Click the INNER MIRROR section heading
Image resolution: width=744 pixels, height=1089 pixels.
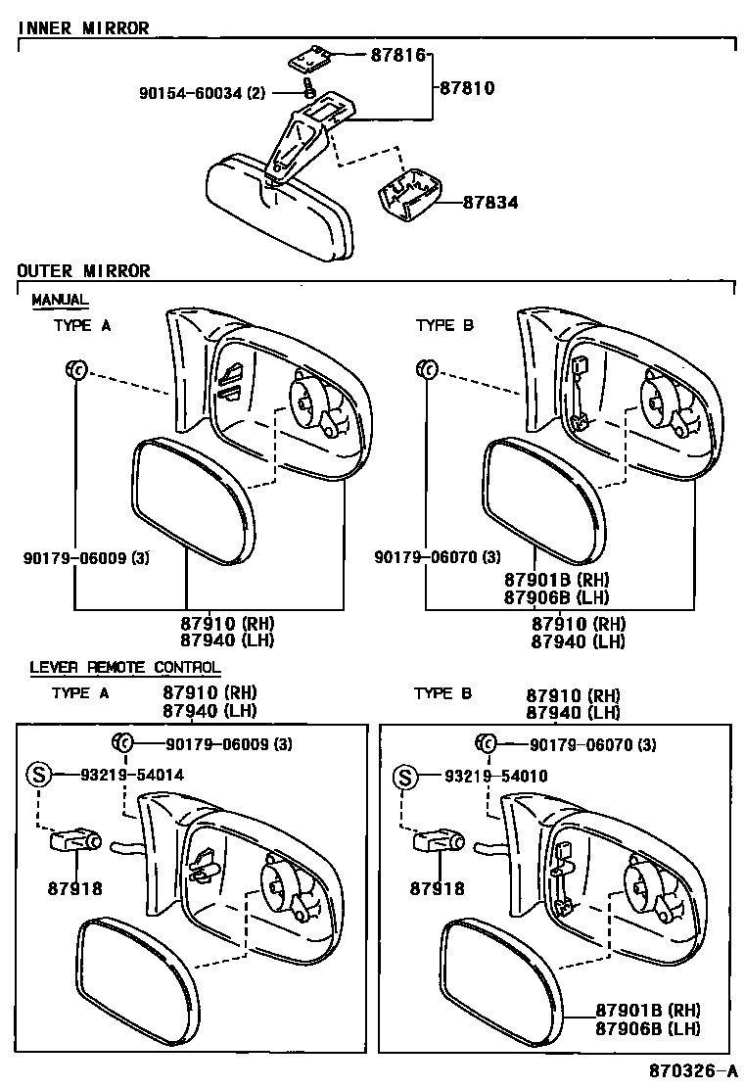83,28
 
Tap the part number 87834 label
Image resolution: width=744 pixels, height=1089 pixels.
490,203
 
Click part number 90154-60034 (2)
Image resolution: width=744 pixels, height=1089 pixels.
202,94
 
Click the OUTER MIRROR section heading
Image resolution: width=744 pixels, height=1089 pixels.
83,270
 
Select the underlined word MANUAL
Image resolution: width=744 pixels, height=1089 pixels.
60,299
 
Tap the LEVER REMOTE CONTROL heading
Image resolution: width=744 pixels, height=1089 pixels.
124,667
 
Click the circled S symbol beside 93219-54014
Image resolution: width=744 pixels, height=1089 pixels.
37,775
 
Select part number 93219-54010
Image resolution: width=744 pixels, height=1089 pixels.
495,776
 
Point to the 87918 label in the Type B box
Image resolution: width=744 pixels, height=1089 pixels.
438,888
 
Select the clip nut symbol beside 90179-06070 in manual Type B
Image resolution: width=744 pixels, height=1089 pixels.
426,369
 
